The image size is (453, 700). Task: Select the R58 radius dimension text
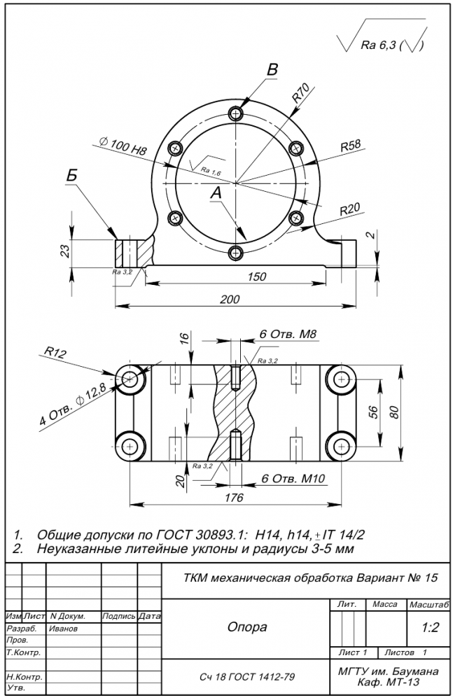(350, 146)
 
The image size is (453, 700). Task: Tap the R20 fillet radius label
(349, 209)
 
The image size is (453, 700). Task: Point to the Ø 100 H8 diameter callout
(123, 146)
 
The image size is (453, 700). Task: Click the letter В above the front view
(273, 69)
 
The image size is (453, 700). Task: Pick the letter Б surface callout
(72, 175)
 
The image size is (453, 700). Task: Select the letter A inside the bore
(216, 191)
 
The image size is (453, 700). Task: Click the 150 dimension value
(256, 276)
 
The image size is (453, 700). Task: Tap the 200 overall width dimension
(230, 299)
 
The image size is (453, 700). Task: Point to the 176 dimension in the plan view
(234, 498)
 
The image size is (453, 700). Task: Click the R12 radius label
(55, 352)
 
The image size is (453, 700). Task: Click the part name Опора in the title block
(246, 627)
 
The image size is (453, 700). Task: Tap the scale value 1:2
(430, 628)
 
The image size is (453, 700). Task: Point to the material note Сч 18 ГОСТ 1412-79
(246, 678)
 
